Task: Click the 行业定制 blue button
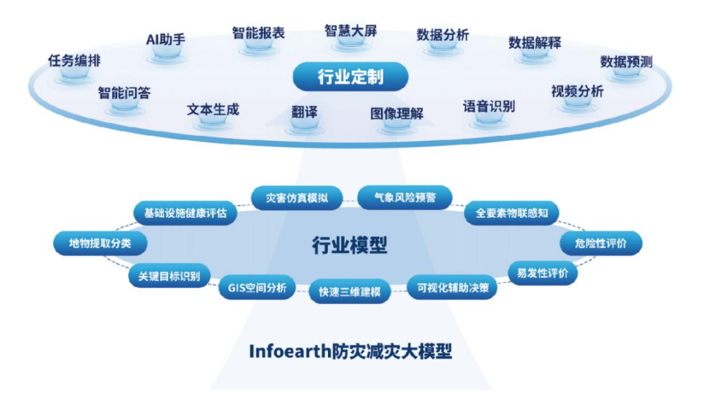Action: (350, 77)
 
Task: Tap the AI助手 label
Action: (166, 38)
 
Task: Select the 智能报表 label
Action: (258, 33)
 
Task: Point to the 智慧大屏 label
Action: (350, 31)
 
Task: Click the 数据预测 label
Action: (626, 62)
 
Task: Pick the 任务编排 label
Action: (74, 61)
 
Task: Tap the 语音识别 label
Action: (488, 106)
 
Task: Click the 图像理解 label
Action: (396, 113)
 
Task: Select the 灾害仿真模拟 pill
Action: (297, 198)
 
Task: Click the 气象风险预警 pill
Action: (405, 197)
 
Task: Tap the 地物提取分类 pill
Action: (100, 243)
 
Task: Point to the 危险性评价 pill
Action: (601, 243)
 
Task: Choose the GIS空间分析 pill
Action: (257, 288)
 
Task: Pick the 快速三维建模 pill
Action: (349, 292)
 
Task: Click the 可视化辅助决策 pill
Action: (452, 287)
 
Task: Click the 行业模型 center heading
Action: (349, 245)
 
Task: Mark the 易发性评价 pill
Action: (542, 273)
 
